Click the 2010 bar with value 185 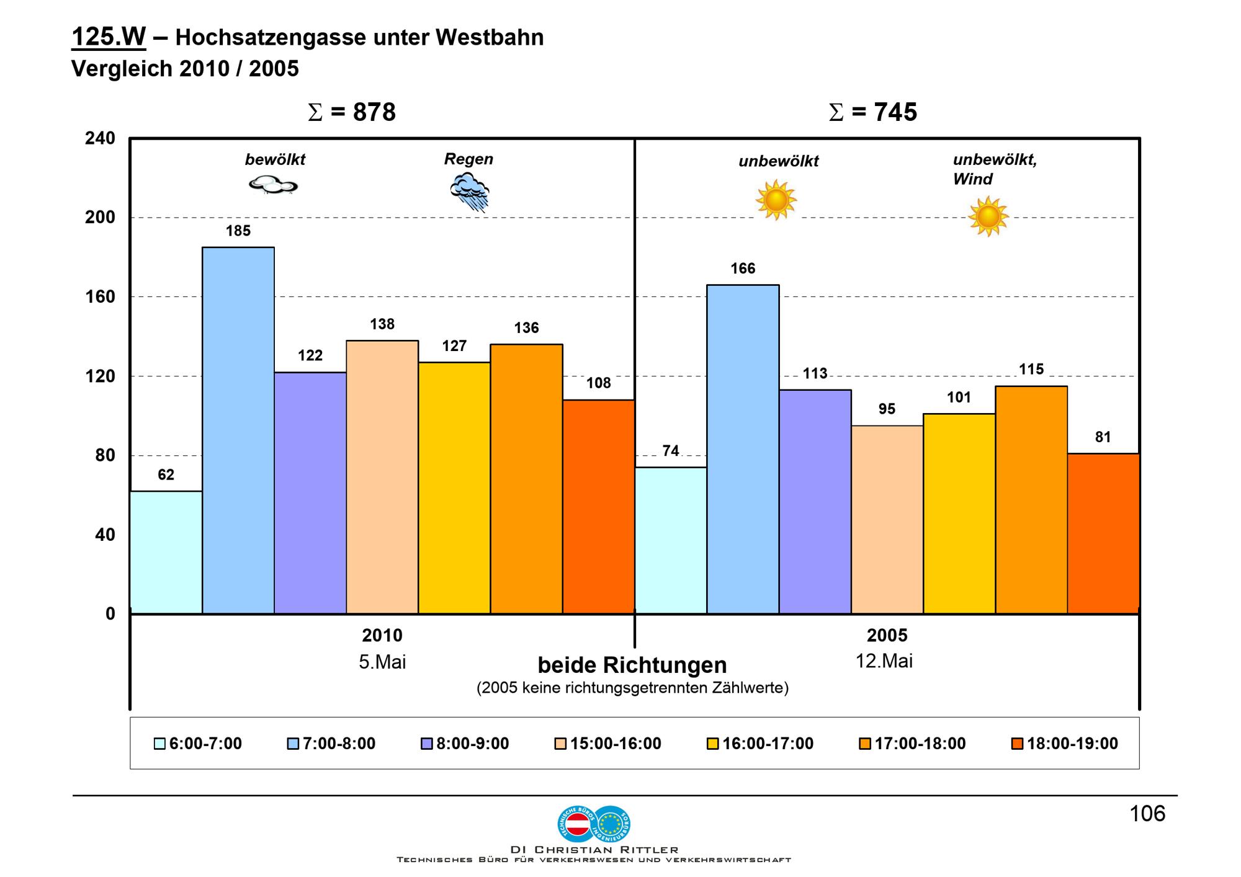pyautogui.click(x=238, y=430)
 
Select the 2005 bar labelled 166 pyautogui.click(x=743, y=449)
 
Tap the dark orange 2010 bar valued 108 pyautogui.click(x=599, y=507)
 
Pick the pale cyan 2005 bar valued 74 pyautogui.click(x=671, y=540)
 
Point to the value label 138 pyautogui.click(x=382, y=324)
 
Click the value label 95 pyautogui.click(x=887, y=409)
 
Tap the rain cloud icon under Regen pyautogui.click(x=470, y=192)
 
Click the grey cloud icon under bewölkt pyautogui.click(x=273, y=185)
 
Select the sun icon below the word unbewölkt pyautogui.click(x=776, y=200)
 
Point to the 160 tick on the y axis pyautogui.click(x=100, y=296)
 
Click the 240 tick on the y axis pyautogui.click(x=100, y=138)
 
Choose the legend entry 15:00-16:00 pyautogui.click(x=608, y=743)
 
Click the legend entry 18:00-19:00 pyautogui.click(x=1065, y=743)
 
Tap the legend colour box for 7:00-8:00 pyautogui.click(x=293, y=744)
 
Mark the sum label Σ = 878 pyautogui.click(x=352, y=112)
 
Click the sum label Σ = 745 pyautogui.click(x=873, y=112)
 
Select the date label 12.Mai pyautogui.click(x=884, y=661)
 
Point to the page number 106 pyautogui.click(x=1147, y=813)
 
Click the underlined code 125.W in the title pyautogui.click(x=109, y=37)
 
